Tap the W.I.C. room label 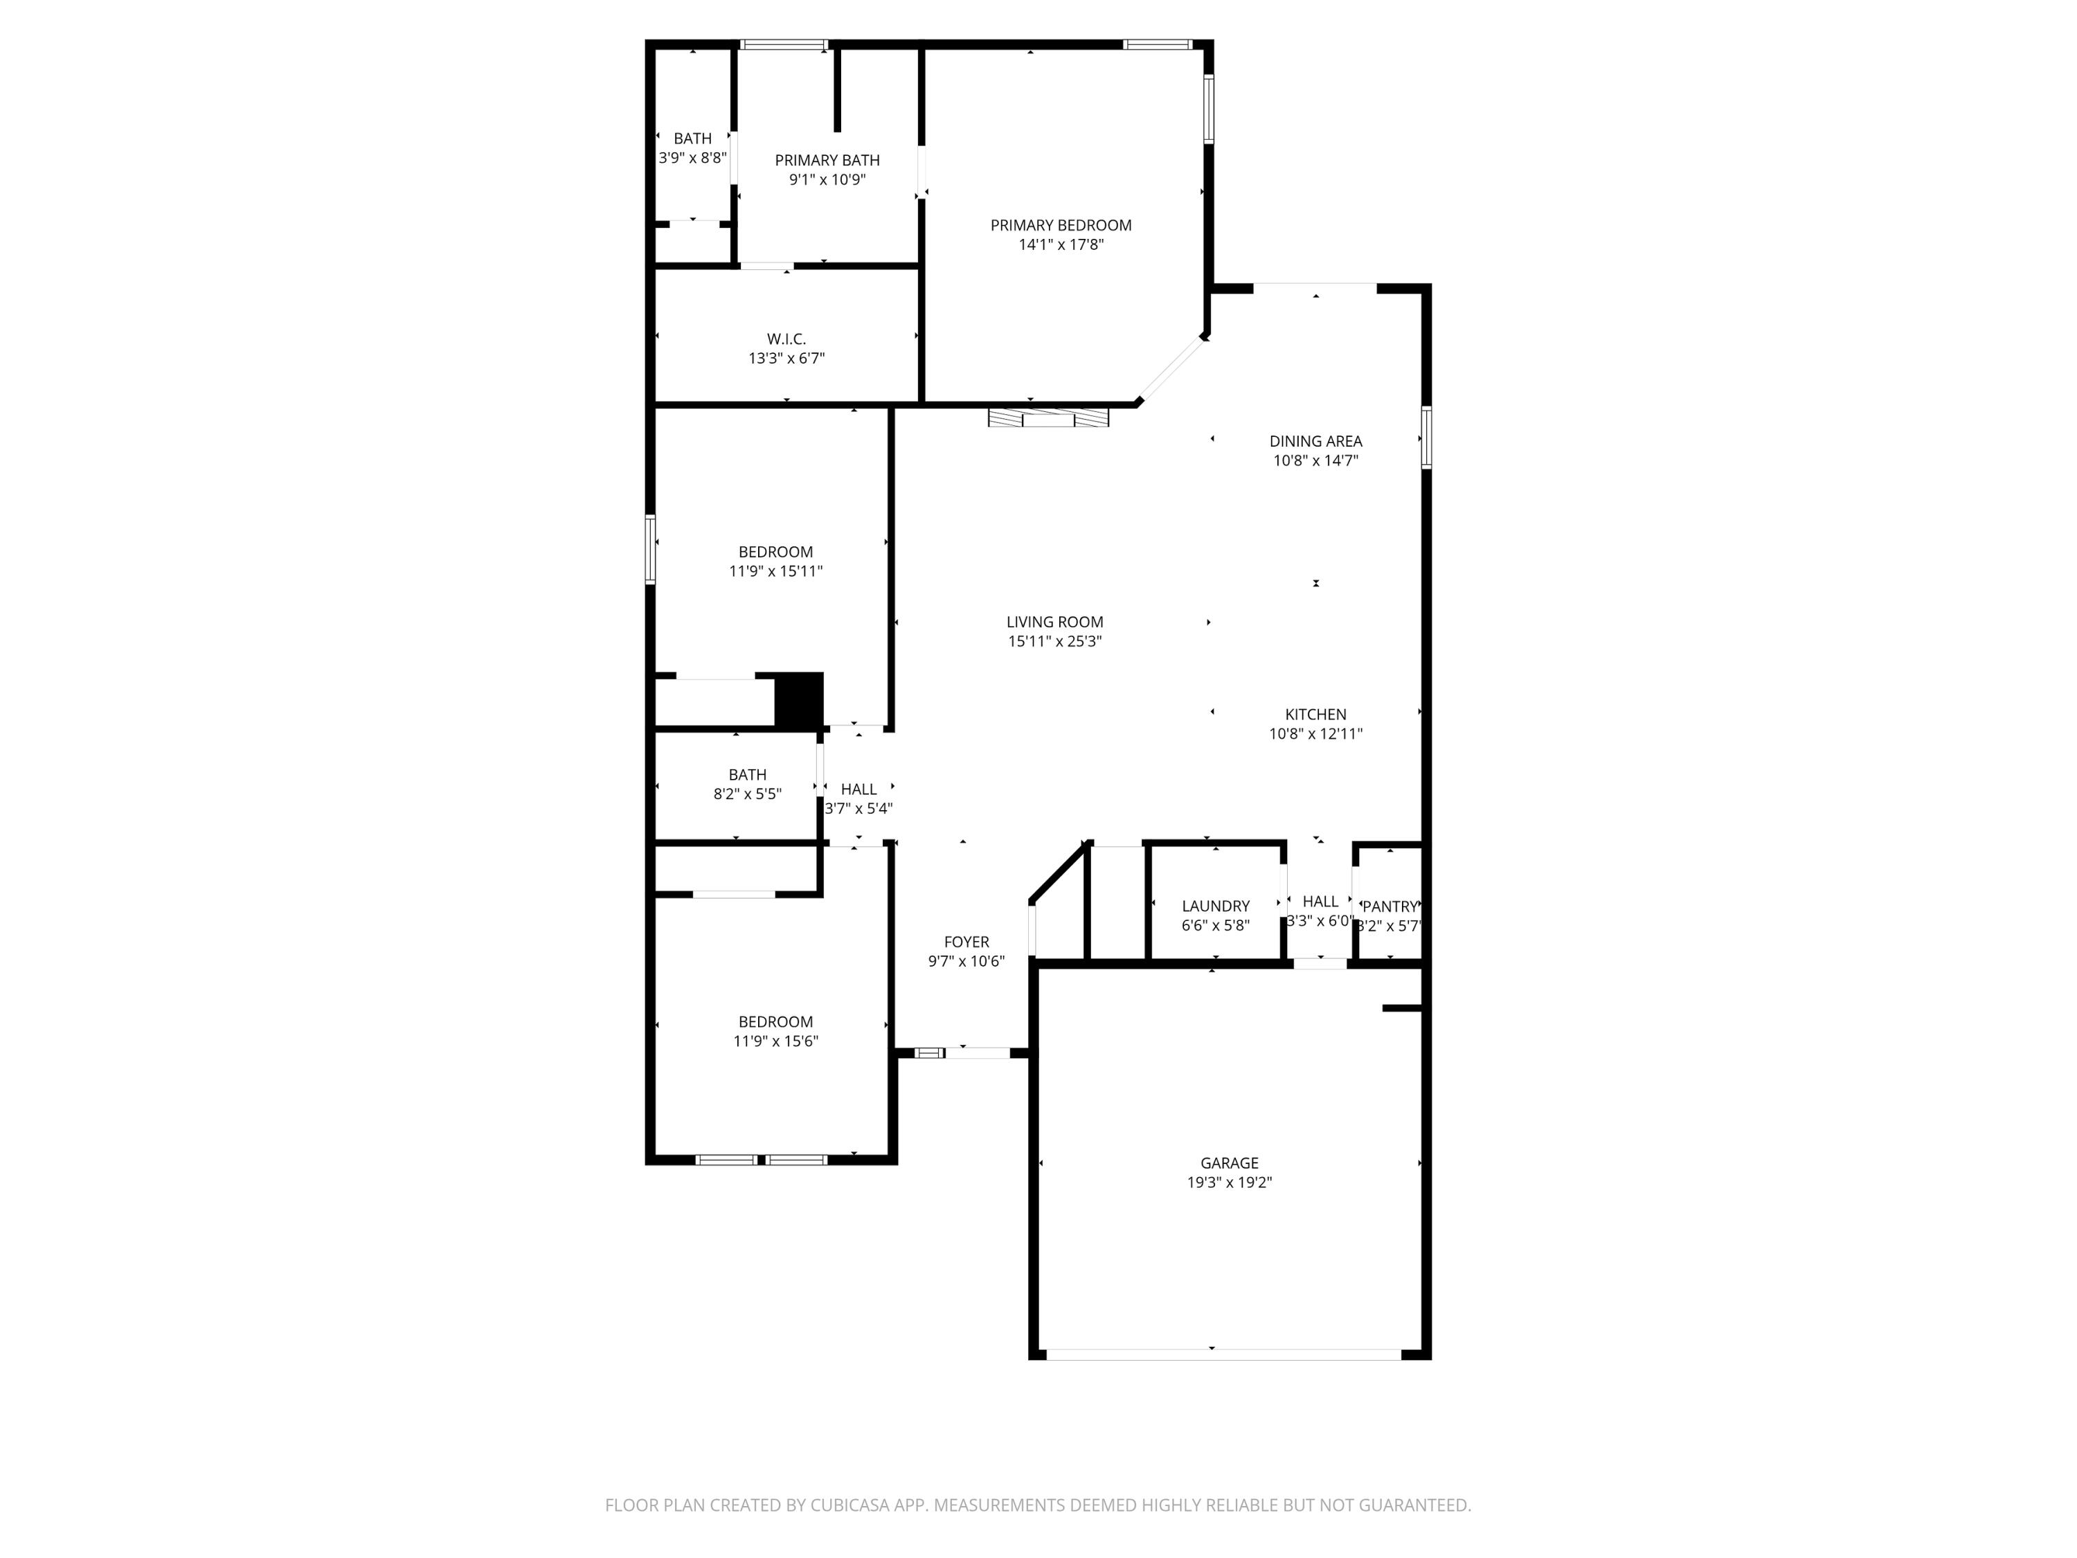click(x=786, y=339)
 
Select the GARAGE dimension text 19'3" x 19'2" click(x=1228, y=1183)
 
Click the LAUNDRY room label click(x=1215, y=906)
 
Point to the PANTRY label click(x=1389, y=907)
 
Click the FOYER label click(x=966, y=942)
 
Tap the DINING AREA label click(x=1315, y=441)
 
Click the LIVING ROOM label click(x=1054, y=622)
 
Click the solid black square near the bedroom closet click(x=798, y=701)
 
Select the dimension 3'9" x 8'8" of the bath click(x=692, y=159)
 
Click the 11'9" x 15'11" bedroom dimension click(x=775, y=571)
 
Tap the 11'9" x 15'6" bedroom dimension click(x=775, y=1041)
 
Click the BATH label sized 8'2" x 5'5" click(x=748, y=775)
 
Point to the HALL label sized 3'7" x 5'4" click(x=858, y=790)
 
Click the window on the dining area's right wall click(x=1426, y=437)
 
